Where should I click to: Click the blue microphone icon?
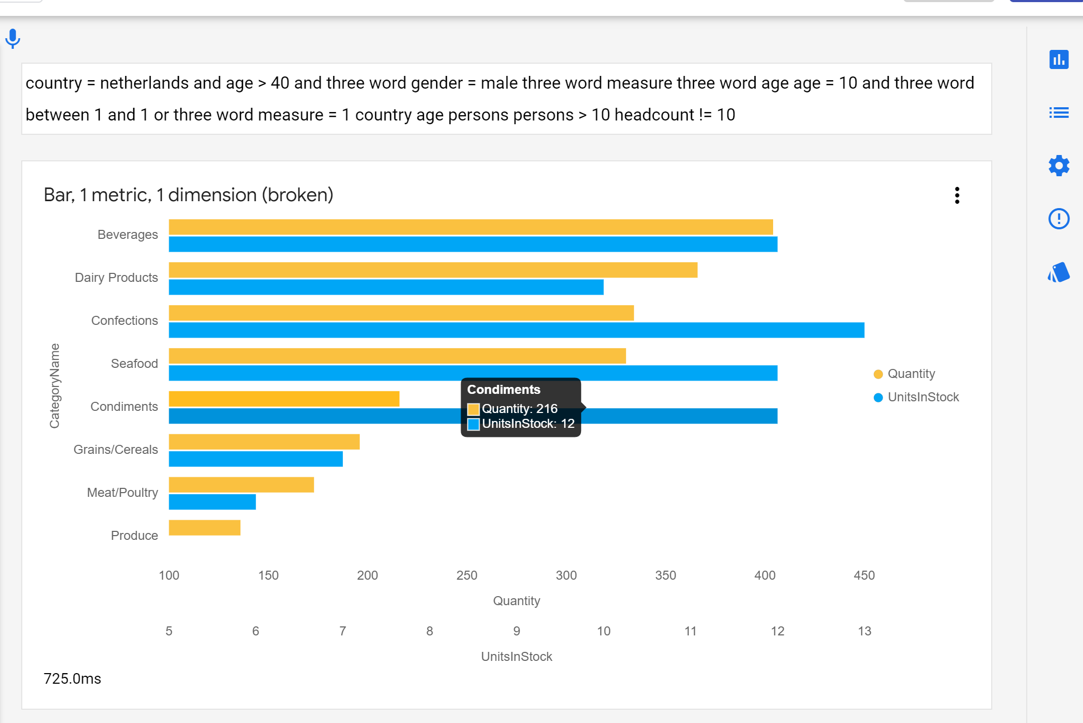tap(13, 38)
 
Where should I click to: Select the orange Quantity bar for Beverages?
tap(470, 227)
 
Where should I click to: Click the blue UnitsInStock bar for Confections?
tap(516, 330)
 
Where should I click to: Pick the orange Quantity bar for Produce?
tap(204, 528)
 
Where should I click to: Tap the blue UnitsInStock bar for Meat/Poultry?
tap(212, 502)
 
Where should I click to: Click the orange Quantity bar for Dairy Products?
tap(432, 270)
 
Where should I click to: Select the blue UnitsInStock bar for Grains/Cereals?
tap(255, 459)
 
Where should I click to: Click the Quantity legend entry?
tap(911, 374)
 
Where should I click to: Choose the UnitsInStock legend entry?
tap(922, 397)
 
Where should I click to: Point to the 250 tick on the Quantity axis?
tap(467, 575)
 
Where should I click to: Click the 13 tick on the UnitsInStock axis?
tap(864, 631)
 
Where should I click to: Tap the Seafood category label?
tap(134, 364)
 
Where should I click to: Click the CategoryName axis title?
tap(54, 386)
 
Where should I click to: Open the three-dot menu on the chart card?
tap(957, 195)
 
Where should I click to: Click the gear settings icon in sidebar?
tap(1059, 166)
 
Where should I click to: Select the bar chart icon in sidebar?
tap(1059, 59)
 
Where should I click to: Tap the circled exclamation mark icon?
tap(1059, 219)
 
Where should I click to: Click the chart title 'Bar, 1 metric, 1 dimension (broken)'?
tap(188, 195)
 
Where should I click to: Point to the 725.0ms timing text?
tap(72, 678)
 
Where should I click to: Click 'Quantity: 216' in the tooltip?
tap(519, 409)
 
